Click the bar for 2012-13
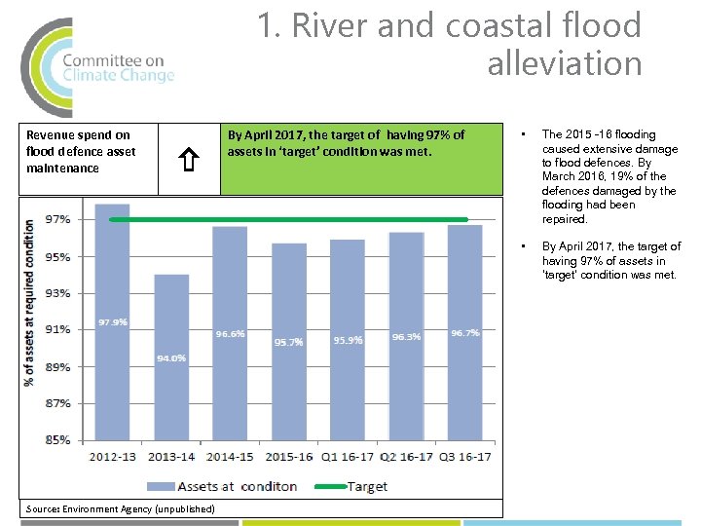click(113, 321)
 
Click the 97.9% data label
click(113, 322)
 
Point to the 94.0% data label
click(171, 358)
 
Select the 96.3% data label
click(406, 336)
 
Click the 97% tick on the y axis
click(57, 220)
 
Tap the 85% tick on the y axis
click(57, 439)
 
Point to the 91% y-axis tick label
click(57, 329)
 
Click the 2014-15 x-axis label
click(230, 455)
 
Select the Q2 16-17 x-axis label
click(405, 455)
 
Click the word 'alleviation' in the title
click(564, 64)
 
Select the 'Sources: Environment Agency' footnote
click(120, 508)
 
